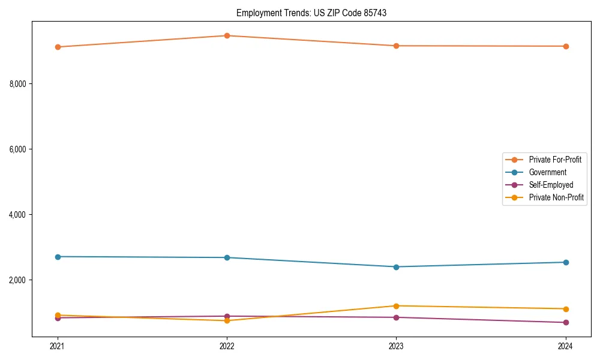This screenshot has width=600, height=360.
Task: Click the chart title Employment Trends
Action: pos(311,13)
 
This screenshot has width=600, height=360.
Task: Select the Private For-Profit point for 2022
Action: pos(227,35)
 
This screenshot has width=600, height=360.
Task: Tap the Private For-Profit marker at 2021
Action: pos(58,47)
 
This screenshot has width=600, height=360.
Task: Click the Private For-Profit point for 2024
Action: pos(565,46)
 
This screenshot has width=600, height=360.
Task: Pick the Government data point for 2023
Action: pos(396,267)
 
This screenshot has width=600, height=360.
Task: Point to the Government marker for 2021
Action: pos(58,257)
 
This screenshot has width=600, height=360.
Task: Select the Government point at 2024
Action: pos(565,262)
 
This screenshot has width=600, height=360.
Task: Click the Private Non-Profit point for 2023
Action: pos(396,306)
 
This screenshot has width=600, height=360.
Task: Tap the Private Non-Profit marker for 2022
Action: pos(227,320)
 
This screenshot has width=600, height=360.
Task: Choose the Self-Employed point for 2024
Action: pos(565,323)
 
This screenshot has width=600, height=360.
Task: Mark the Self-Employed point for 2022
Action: pos(227,316)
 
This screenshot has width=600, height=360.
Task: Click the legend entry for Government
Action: pos(547,172)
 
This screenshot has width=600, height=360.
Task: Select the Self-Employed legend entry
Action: pos(551,185)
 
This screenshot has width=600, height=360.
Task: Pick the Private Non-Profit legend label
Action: pos(556,197)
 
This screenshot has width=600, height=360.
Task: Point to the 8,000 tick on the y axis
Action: pos(17,83)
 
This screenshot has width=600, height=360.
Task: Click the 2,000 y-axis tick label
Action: pos(17,280)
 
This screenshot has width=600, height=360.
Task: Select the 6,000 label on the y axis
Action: pos(17,149)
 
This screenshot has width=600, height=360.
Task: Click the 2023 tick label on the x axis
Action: pos(396,346)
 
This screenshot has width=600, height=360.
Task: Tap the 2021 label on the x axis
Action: pos(58,346)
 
